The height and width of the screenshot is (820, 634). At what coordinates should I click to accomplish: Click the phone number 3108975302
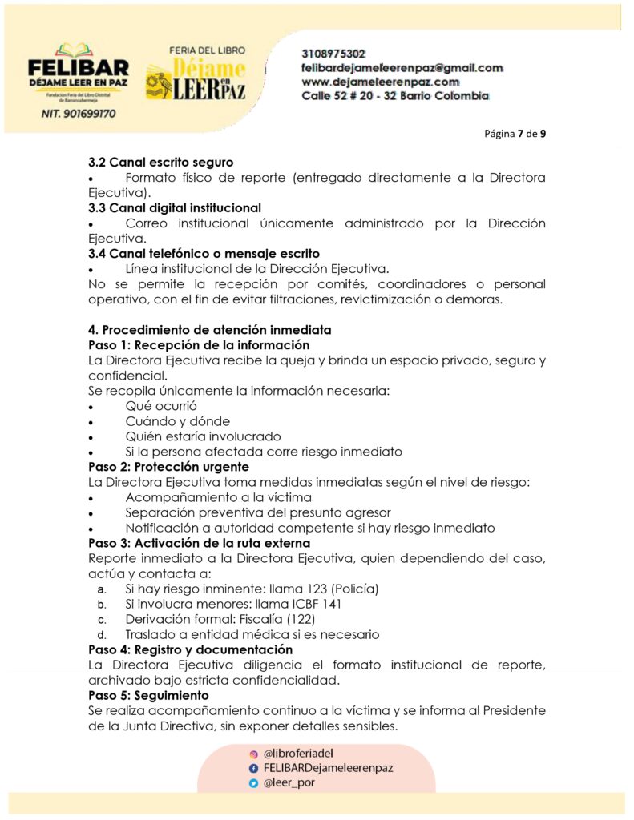pos(334,54)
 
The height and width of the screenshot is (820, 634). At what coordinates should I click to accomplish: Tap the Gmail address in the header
pos(402,68)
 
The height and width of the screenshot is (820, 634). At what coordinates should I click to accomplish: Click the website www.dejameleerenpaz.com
pos(380,82)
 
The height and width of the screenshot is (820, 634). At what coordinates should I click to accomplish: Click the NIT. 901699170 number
pos(78,114)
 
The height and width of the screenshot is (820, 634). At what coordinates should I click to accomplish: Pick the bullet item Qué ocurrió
pos(161,406)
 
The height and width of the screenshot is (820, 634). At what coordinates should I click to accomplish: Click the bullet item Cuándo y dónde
pos(177,421)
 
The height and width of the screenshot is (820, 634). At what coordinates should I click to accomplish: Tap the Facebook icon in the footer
pos(253,768)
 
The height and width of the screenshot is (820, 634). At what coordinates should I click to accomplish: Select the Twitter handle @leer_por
pos(289,783)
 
